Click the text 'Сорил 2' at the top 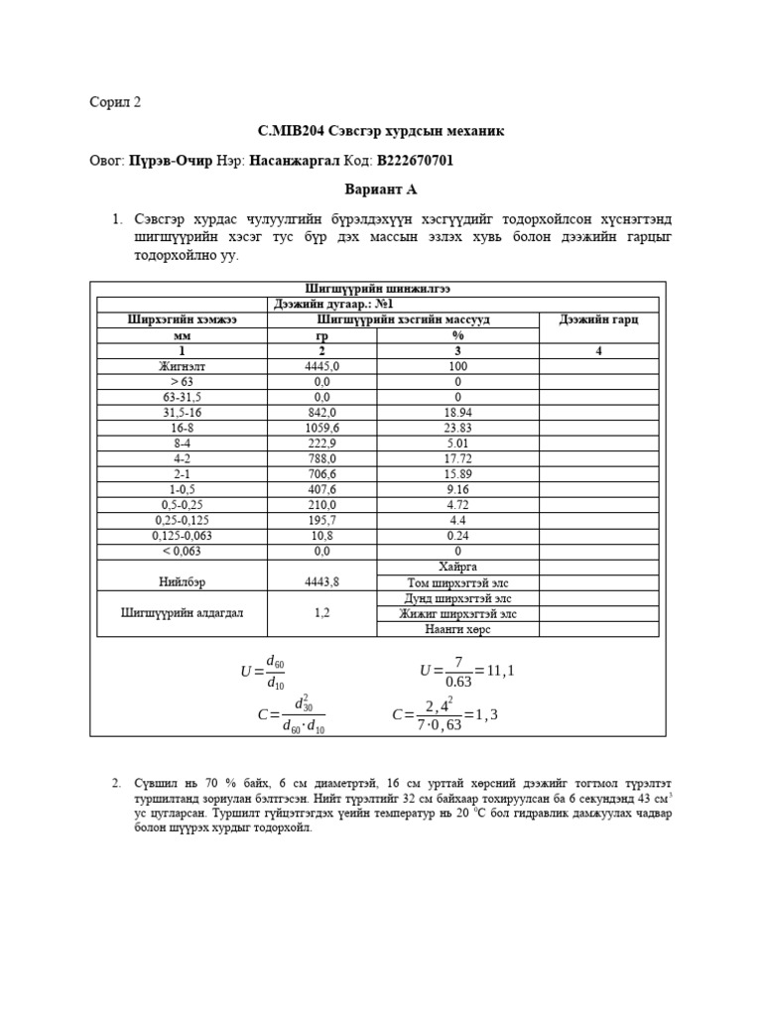pos(115,102)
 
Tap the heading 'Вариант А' pos(381,189)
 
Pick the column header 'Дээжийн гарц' pos(598,319)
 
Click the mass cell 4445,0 pos(320,366)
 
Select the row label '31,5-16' pos(181,412)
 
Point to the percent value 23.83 pos(457,428)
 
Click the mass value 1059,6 pos(320,428)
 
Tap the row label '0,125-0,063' pos(181,536)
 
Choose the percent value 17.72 pos(457,458)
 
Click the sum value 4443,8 pos(320,582)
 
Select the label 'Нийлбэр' pos(181,582)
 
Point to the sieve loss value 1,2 pos(320,612)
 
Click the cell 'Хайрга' pos(457,566)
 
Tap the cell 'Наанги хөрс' pos(457,628)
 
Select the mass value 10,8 pos(320,536)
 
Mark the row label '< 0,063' pos(181,551)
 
